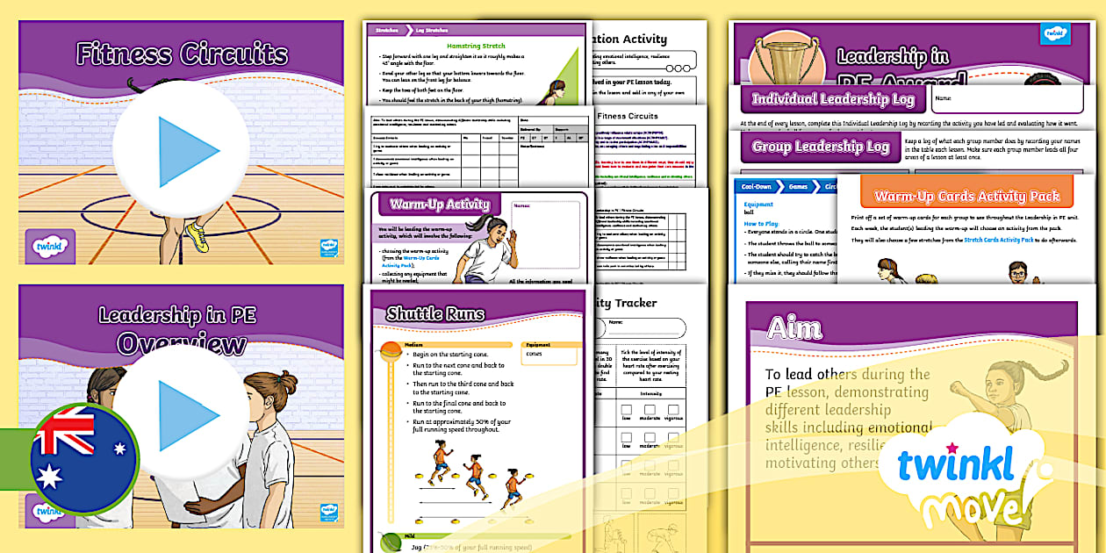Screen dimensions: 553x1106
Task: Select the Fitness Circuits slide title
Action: click(181, 54)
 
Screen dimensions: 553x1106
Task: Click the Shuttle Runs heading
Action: click(435, 313)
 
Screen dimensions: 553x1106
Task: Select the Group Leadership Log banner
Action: click(821, 147)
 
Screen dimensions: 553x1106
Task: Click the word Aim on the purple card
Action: click(794, 328)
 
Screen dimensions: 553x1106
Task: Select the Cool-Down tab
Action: click(756, 187)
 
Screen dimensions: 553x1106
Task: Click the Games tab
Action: click(800, 187)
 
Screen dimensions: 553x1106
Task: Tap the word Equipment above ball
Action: click(758, 204)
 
